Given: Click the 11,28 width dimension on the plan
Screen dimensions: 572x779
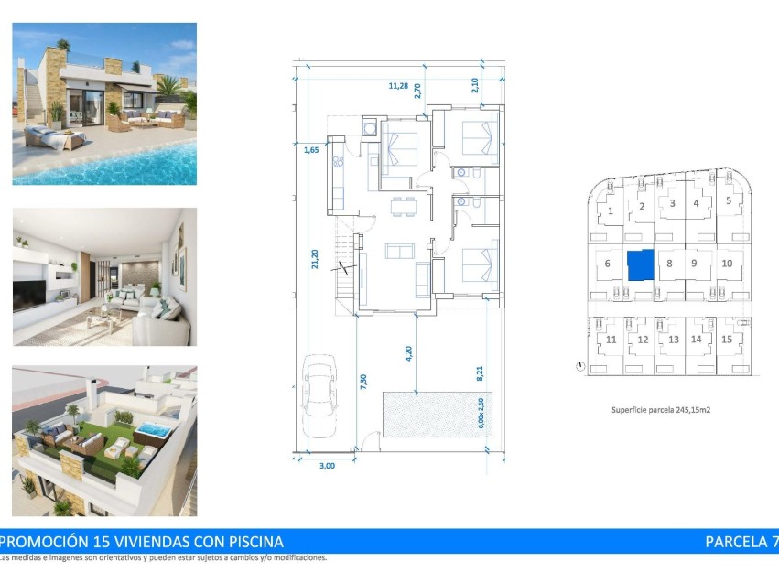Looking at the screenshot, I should [x=398, y=86].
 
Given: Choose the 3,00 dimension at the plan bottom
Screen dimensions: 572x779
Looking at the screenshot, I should [x=327, y=465].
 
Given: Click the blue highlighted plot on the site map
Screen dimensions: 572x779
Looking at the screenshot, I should [x=641, y=264].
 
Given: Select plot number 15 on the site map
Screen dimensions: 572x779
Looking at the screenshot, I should [x=727, y=339].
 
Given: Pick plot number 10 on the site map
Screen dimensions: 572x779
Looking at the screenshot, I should [x=727, y=264].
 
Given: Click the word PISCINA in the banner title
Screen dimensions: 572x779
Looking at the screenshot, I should [x=246, y=541].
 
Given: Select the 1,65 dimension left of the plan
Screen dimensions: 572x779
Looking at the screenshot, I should [x=311, y=149].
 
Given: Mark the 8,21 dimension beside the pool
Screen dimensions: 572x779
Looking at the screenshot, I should [x=479, y=372].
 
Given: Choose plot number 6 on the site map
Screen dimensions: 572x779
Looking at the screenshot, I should [x=607, y=264].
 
